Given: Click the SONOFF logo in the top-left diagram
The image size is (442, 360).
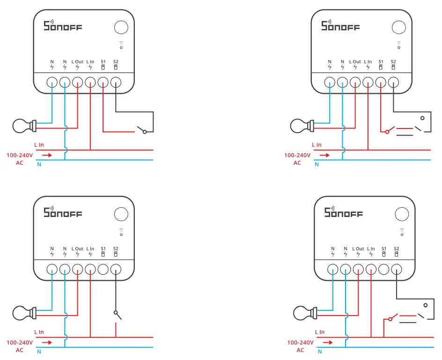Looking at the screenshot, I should (x=63, y=26).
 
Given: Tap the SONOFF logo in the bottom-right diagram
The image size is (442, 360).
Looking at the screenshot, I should (x=344, y=212).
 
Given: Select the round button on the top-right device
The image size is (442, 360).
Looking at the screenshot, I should (x=398, y=27).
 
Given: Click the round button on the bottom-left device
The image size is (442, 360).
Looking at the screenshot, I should (x=121, y=214).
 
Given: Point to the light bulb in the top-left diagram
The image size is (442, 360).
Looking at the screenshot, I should (x=23, y=126).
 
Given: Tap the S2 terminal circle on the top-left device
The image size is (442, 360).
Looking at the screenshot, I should (x=116, y=82).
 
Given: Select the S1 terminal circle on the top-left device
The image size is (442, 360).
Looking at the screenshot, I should (x=103, y=82).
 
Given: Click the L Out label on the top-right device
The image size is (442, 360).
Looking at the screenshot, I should (x=355, y=62).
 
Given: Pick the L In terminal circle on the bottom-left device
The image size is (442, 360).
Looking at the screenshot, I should (x=90, y=269).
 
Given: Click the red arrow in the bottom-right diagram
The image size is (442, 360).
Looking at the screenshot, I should (x=328, y=342).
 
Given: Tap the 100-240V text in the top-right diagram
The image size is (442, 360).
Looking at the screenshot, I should (x=297, y=155).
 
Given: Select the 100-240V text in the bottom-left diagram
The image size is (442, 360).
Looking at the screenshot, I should (x=20, y=343).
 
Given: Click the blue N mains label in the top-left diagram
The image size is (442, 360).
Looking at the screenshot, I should (x=39, y=164).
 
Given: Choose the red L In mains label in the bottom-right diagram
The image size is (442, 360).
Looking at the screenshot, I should (x=320, y=332).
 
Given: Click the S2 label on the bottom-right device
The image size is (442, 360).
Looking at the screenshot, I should (x=397, y=248).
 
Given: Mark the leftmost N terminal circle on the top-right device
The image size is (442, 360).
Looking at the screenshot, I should (x=330, y=82).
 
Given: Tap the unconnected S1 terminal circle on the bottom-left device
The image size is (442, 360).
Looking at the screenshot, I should (x=103, y=269).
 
